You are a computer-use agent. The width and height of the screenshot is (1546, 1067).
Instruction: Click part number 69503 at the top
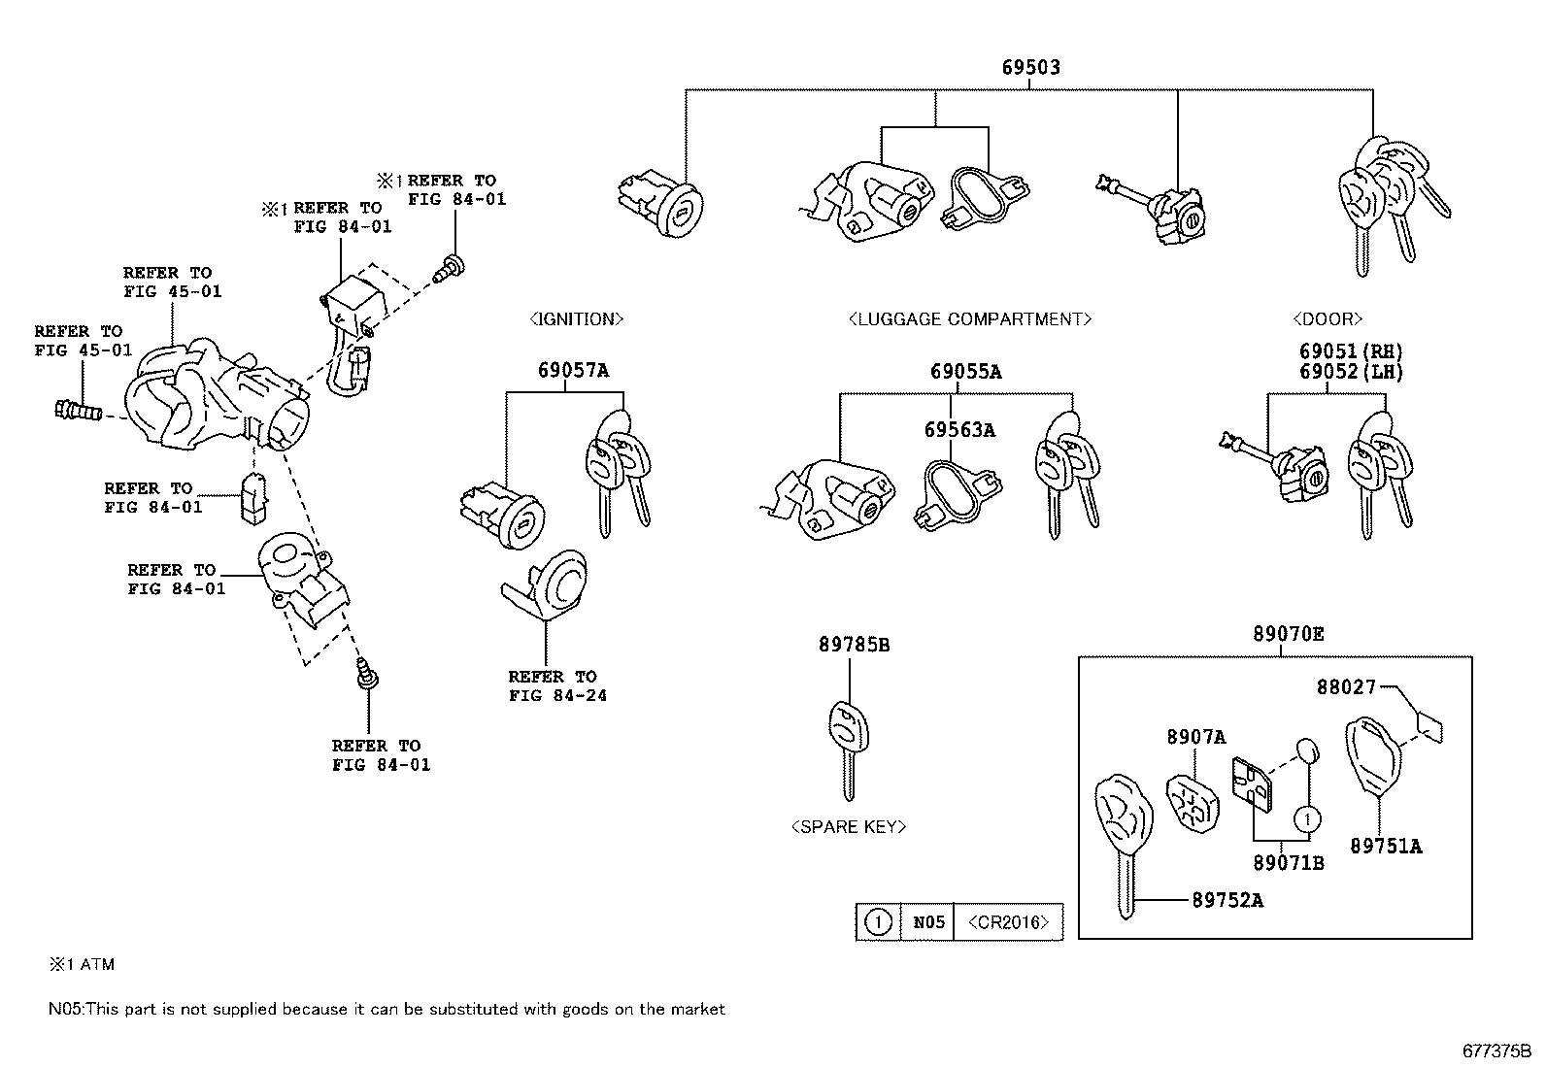1031,67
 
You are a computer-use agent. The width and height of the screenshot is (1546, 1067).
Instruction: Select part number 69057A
574,371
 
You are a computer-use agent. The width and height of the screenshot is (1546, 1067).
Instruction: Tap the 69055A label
965,371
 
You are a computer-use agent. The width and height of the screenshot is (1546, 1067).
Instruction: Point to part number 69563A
959,430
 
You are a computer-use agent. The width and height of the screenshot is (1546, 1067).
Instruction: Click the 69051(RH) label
1351,351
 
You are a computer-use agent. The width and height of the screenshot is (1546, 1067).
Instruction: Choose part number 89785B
855,645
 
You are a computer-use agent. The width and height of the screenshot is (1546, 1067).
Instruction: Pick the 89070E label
1289,634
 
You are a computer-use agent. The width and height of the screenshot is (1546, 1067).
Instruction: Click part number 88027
1346,686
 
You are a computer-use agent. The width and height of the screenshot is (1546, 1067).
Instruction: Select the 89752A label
1227,900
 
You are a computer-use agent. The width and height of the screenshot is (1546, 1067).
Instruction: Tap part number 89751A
1386,847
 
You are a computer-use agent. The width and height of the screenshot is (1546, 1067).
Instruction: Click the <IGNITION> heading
576,318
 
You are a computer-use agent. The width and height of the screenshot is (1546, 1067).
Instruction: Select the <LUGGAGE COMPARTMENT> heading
970,318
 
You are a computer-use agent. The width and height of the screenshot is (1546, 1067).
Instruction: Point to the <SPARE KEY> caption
848,827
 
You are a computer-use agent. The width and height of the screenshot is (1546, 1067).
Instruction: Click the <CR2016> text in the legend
1008,922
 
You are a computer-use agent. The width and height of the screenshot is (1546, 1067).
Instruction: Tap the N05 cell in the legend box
928,922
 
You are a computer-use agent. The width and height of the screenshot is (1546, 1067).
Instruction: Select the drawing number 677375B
1496,1050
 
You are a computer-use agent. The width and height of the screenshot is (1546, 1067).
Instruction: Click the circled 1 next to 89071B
1307,820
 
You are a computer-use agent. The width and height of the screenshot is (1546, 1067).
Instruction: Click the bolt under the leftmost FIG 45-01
78,412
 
